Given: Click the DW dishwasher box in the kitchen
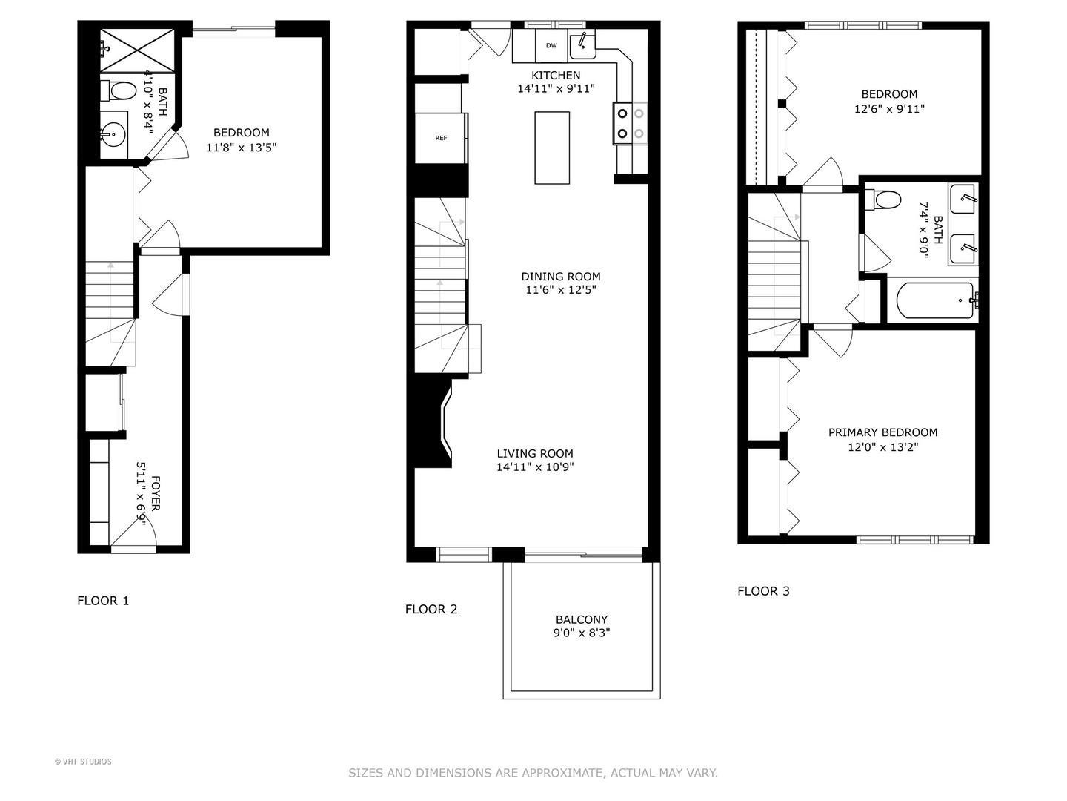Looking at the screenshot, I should click(x=551, y=46).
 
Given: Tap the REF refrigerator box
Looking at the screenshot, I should click(x=441, y=138).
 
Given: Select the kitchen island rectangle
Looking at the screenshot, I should click(x=552, y=148).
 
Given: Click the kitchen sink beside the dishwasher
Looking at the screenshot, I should click(x=582, y=46).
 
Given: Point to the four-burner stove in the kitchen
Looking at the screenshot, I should click(x=630, y=123).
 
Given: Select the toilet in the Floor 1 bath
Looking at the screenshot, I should click(x=119, y=91).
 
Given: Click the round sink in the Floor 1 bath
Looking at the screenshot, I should click(x=113, y=136).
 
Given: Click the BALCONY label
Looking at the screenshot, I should click(x=582, y=619).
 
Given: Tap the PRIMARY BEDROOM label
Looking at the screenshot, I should click(x=882, y=432).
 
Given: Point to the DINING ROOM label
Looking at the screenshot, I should click(x=561, y=277).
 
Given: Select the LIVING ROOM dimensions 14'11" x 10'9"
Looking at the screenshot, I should click(x=535, y=467).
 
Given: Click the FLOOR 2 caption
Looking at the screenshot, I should click(x=431, y=610).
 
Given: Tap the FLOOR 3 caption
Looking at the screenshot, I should click(x=763, y=591).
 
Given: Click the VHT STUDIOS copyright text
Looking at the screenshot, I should click(x=83, y=762).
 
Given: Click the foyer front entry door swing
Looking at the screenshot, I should click(x=137, y=530).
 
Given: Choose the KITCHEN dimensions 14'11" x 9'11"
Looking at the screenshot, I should click(x=556, y=89).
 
